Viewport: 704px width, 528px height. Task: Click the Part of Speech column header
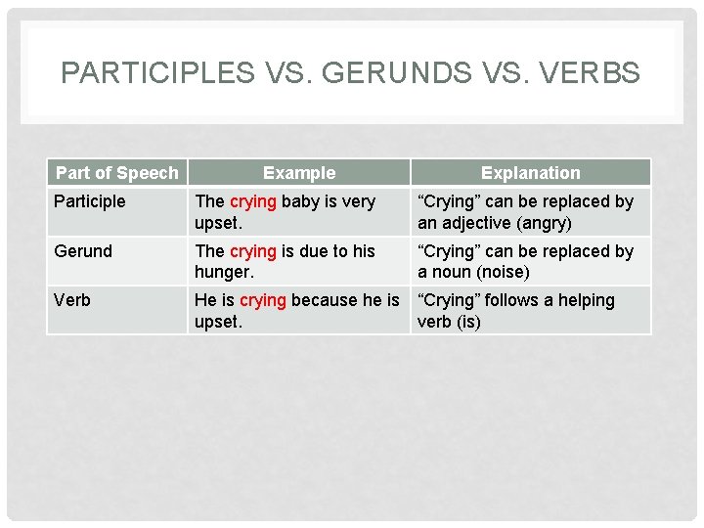point(117,173)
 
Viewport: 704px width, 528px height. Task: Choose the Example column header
point(299,173)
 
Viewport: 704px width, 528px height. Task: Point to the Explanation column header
point(530,173)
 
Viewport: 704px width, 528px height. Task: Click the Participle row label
point(90,201)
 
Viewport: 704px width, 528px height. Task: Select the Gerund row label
point(83,251)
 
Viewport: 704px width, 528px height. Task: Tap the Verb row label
point(72,300)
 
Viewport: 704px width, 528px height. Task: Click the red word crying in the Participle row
point(252,201)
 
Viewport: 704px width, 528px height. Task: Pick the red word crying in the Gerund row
point(252,251)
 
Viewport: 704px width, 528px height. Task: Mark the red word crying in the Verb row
point(262,300)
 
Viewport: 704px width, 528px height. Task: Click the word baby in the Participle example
point(300,201)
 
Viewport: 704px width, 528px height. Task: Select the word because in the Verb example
point(331,300)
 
